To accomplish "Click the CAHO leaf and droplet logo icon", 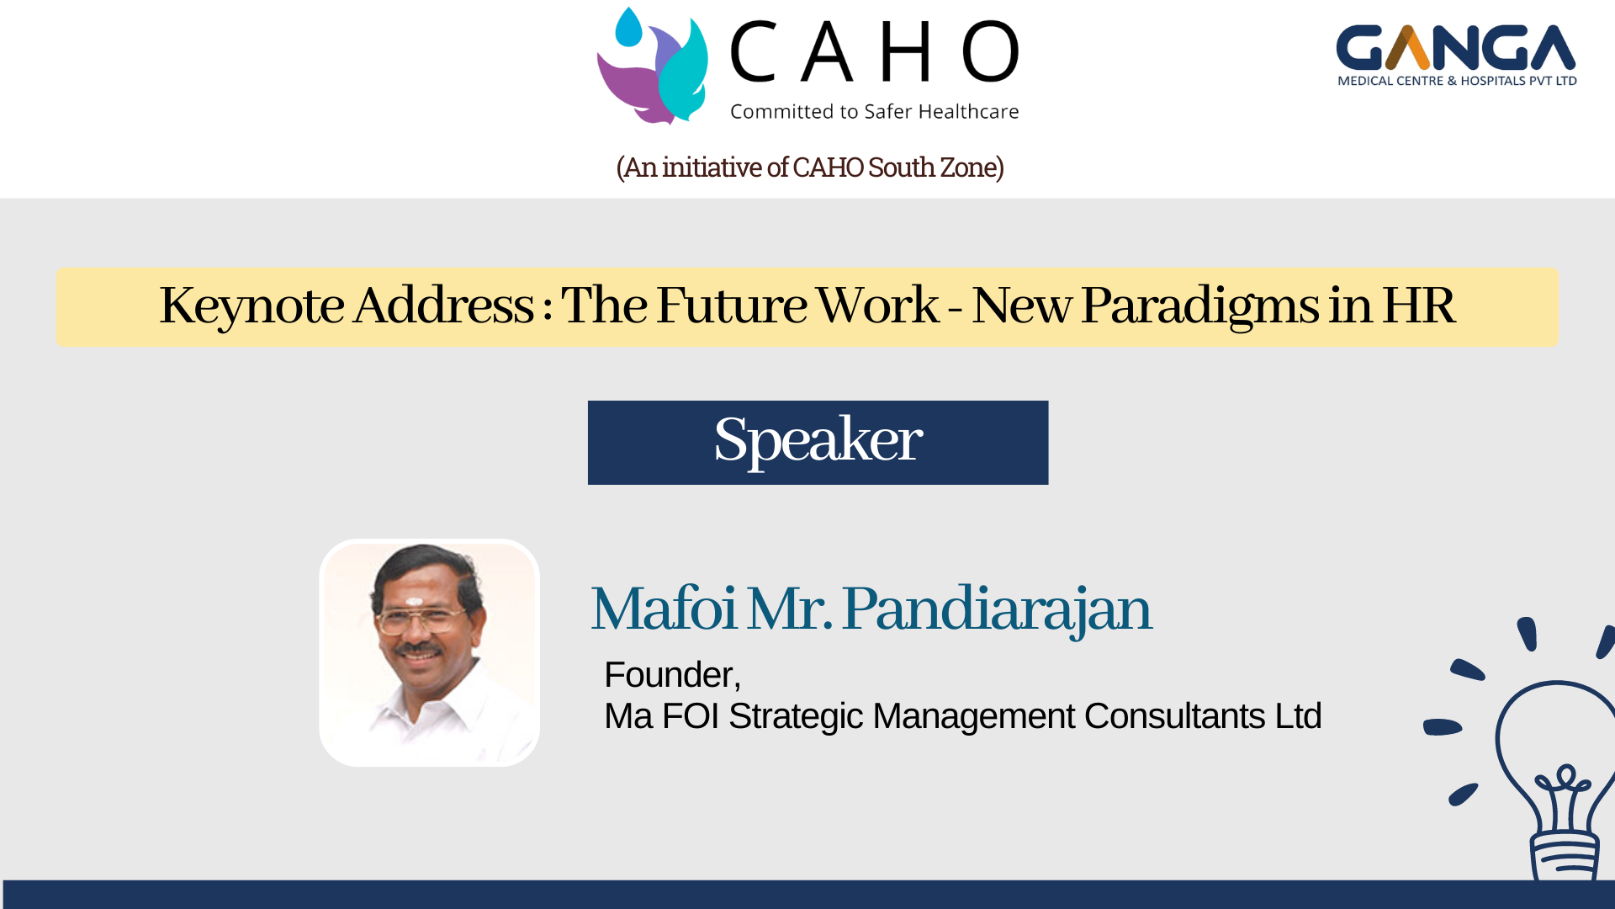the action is (x=653, y=66).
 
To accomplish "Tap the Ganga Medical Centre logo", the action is (x=1456, y=56).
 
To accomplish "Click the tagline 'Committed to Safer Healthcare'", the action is (x=874, y=111).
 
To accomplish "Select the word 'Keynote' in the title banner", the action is (x=252, y=305).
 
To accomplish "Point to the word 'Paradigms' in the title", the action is (x=1199, y=305).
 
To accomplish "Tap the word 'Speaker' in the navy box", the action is (x=818, y=440).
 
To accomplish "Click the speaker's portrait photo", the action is (x=429, y=652).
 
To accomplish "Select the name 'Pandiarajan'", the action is (x=997, y=609).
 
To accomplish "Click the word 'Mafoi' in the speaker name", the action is (x=664, y=608).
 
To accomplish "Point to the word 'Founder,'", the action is (x=672, y=675).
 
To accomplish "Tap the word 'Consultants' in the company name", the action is (x=1174, y=716).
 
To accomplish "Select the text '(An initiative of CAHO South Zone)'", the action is (x=810, y=167).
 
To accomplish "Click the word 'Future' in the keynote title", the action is (x=733, y=305).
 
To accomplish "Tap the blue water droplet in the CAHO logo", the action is (x=628, y=27).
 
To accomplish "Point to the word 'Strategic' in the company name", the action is (x=796, y=716).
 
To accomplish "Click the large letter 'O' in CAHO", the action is (x=990, y=51).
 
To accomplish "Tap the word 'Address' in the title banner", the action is (x=443, y=305).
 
